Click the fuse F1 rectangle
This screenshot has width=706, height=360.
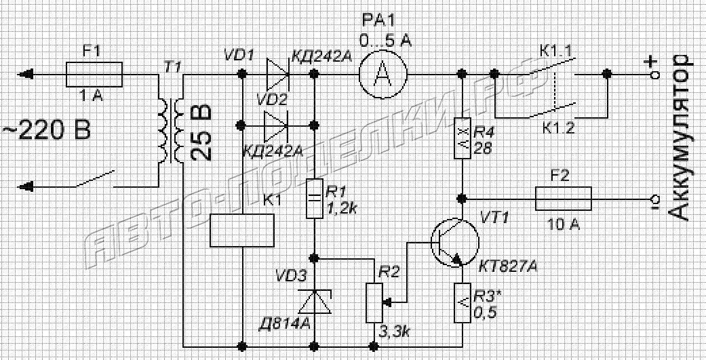(x=94, y=75)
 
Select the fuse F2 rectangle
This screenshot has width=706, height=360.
(x=563, y=199)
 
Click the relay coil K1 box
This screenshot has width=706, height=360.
(x=242, y=230)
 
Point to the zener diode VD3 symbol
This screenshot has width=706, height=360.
(x=315, y=301)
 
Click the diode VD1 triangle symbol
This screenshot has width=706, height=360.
(x=278, y=73)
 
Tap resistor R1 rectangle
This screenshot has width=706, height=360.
(x=315, y=199)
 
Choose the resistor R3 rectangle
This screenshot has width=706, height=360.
(x=463, y=303)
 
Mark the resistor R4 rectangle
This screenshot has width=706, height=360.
(x=463, y=138)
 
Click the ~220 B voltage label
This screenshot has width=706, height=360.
(x=47, y=130)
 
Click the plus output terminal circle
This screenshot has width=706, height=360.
(x=656, y=75)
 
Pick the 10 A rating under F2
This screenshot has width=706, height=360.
(x=563, y=223)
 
